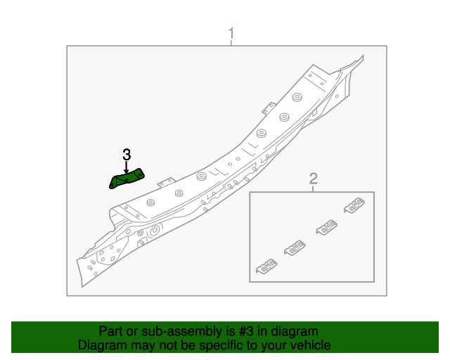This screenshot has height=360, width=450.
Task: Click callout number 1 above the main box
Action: (x=231, y=33)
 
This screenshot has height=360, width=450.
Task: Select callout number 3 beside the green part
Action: (x=127, y=154)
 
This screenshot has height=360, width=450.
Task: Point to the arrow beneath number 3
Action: (x=127, y=167)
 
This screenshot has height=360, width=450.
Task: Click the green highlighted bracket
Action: (x=127, y=179)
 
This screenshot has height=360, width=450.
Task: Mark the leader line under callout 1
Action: (x=231, y=43)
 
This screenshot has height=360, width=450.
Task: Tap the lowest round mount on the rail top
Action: (x=150, y=202)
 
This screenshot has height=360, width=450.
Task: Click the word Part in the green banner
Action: (x=111, y=331)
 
